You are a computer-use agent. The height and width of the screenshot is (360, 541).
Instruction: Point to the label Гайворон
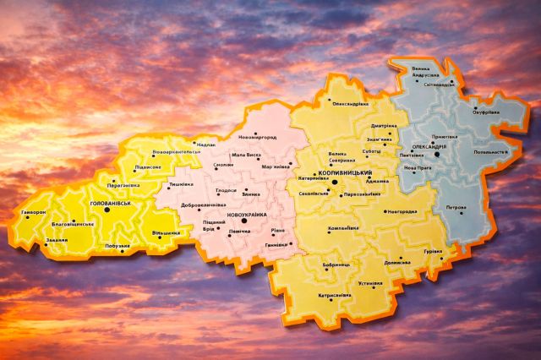click(x=34, y=213)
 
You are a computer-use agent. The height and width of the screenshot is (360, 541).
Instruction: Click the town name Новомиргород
click(x=258, y=137)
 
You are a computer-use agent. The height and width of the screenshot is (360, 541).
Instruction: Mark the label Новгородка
click(x=403, y=211)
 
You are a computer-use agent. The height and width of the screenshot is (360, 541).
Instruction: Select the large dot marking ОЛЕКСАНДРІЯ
click(x=437, y=154)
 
